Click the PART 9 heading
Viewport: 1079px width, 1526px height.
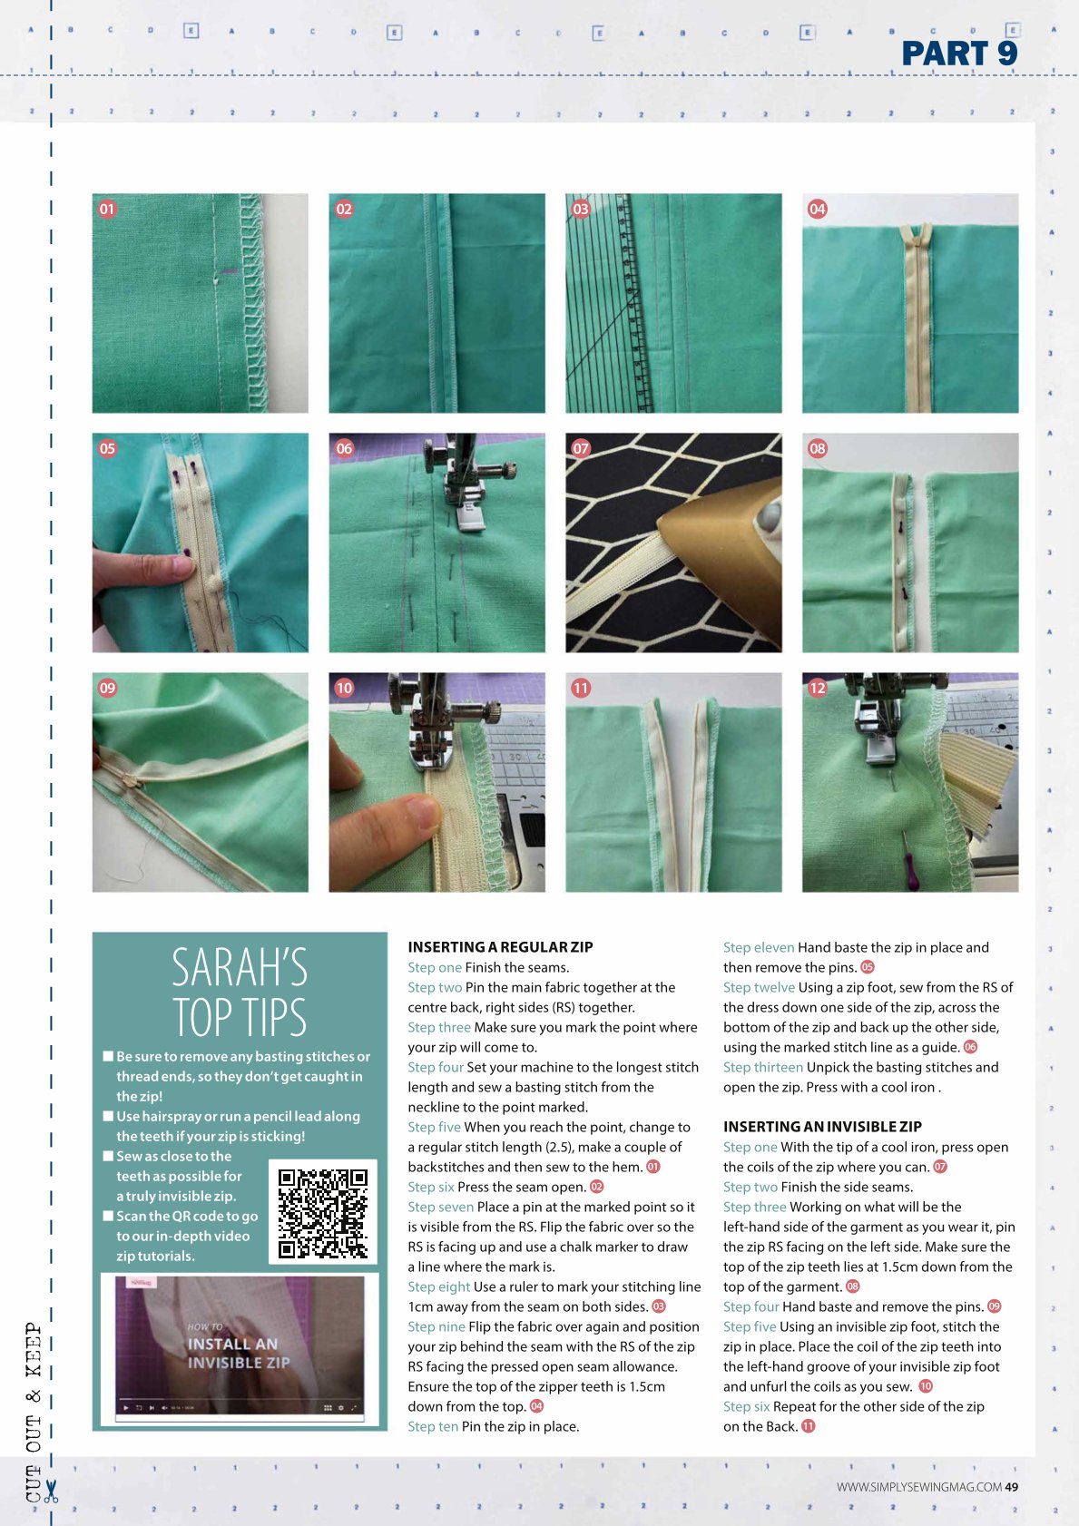[x=959, y=54]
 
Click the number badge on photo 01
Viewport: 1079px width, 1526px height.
[x=107, y=210]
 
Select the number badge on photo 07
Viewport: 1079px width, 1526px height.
[x=581, y=448]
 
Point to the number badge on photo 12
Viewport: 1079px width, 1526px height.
[x=818, y=688]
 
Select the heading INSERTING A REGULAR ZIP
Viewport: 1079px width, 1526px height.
[x=500, y=947]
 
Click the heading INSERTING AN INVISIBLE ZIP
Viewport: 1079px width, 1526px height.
[x=822, y=1127]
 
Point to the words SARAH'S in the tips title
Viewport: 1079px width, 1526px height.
[x=240, y=967]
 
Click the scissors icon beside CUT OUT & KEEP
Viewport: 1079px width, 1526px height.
[x=51, y=1492]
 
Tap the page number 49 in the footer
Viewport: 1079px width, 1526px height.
[x=1011, y=1487]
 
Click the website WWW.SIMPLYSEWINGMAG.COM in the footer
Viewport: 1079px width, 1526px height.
[x=919, y=1487]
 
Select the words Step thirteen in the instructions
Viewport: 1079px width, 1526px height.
[x=762, y=1068]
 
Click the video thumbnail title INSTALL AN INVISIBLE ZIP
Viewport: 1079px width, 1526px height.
[x=239, y=1353]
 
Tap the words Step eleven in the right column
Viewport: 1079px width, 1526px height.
[x=759, y=947]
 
